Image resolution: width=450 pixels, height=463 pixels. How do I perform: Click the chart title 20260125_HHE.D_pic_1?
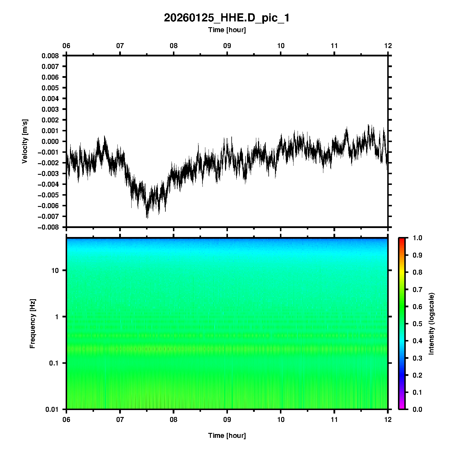pyautogui.click(x=227, y=18)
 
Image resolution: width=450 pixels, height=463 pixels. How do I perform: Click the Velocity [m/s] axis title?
pyautogui.click(x=25, y=141)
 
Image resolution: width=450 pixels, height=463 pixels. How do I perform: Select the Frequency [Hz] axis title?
pyautogui.click(x=32, y=324)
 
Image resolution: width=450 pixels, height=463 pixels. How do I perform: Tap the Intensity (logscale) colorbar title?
pyautogui.click(x=431, y=324)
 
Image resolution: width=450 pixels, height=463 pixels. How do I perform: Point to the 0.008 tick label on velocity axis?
pyautogui.click(x=50, y=56)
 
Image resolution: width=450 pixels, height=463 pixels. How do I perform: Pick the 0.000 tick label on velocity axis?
pyautogui.click(x=50, y=142)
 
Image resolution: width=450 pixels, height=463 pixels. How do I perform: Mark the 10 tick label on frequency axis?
pyautogui.click(x=55, y=271)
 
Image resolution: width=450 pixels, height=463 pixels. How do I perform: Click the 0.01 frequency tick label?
pyautogui.click(x=52, y=409)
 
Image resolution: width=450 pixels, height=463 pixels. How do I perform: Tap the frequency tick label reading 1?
pyautogui.click(x=57, y=317)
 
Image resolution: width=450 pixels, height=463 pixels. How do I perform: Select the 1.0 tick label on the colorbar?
pyautogui.click(x=418, y=238)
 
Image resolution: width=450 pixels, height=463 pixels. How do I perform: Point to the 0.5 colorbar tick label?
pyautogui.click(x=418, y=324)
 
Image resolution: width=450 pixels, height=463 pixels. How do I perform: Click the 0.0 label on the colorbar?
pyautogui.click(x=418, y=409)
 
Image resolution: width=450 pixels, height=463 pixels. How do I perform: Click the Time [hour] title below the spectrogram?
pyautogui.click(x=227, y=436)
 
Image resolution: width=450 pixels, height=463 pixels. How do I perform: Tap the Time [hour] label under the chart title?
pyautogui.click(x=227, y=30)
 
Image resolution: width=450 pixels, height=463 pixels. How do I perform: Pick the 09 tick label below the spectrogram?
pyautogui.click(x=227, y=420)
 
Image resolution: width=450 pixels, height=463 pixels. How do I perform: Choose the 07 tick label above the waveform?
pyautogui.click(x=120, y=46)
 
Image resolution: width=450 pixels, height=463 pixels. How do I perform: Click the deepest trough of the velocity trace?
pyautogui.click(x=147, y=218)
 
